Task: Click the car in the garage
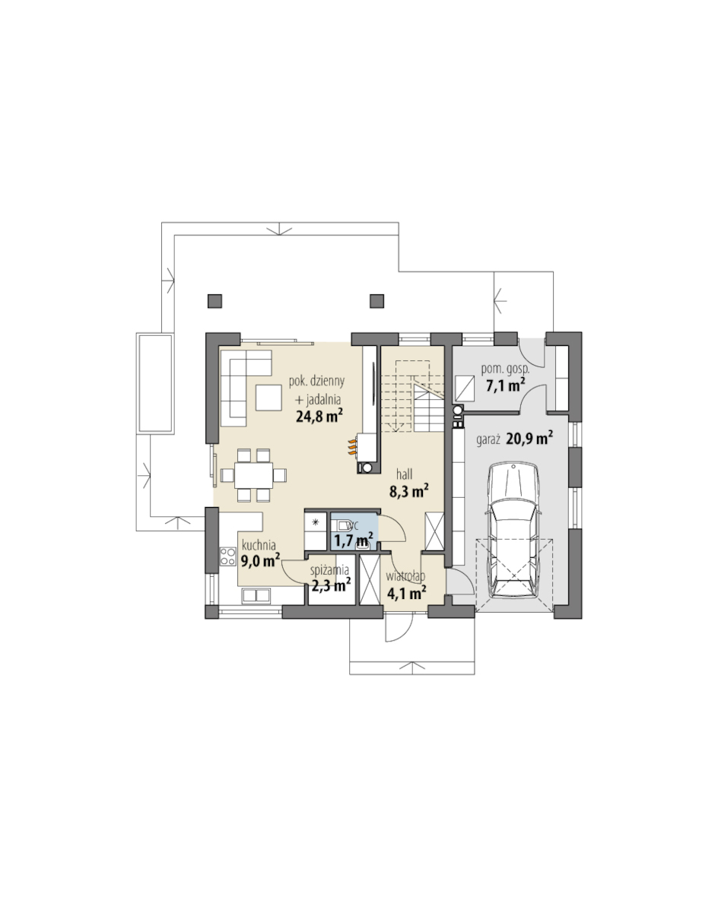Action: [513, 531]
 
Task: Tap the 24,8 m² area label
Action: [319, 416]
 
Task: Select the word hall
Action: [404, 474]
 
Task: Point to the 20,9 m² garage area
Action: [529, 439]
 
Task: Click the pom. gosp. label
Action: [505, 369]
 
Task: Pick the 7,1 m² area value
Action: [506, 385]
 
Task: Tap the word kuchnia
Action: [259, 545]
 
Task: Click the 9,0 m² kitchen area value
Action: [260, 561]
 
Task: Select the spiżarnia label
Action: [330, 570]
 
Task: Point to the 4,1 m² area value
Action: [406, 593]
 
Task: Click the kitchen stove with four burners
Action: [228, 556]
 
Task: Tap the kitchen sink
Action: [256, 595]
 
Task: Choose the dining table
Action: [253, 475]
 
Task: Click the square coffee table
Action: [268, 398]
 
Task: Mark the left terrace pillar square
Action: [214, 300]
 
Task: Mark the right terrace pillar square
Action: [376, 300]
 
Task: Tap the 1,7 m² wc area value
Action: [354, 540]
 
